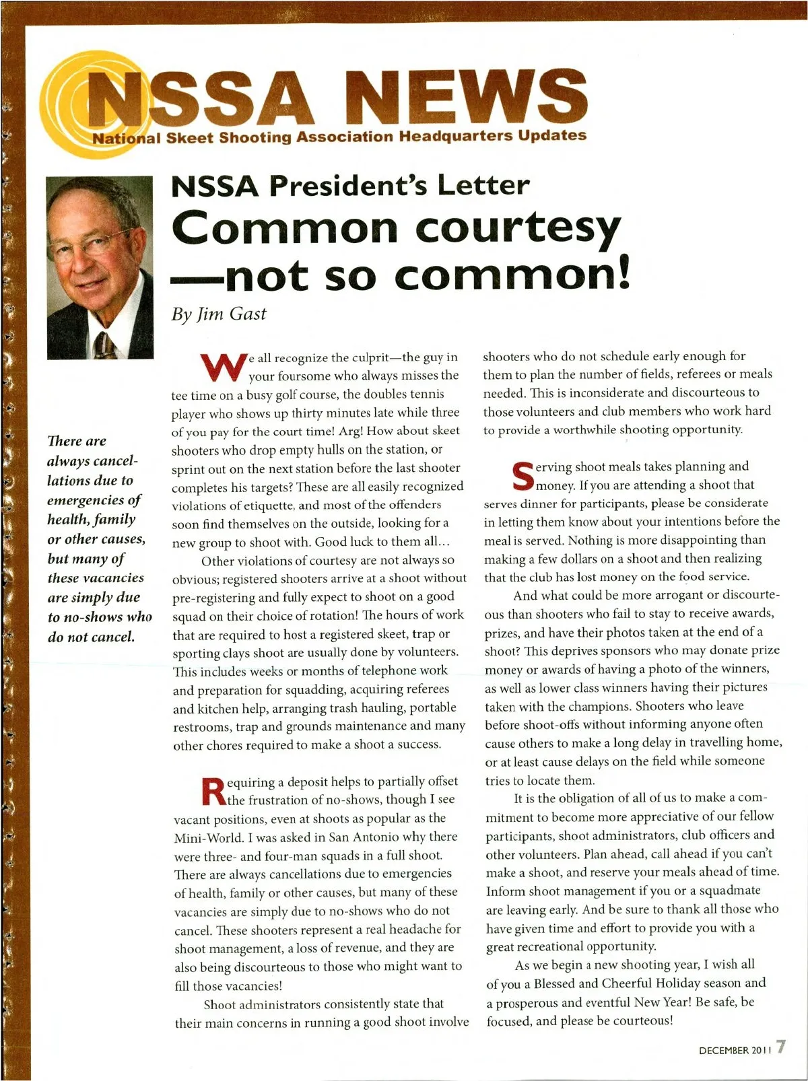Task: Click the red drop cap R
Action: point(213,791)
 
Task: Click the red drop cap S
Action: point(523,475)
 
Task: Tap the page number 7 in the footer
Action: point(780,1047)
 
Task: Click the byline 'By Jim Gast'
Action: point(219,314)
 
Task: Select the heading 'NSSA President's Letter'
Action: point(350,186)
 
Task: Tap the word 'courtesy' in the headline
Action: point(518,229)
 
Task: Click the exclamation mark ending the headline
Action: point(622,276)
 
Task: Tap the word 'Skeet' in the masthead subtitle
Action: point(189,138)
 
